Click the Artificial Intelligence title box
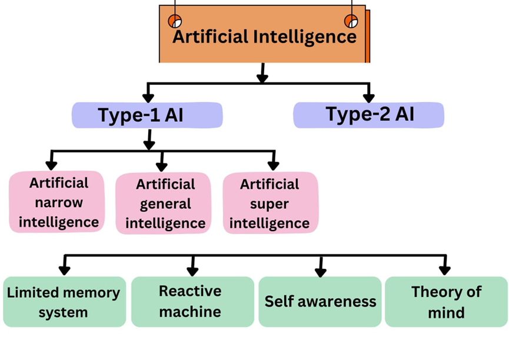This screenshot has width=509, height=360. click(x=263, y=35)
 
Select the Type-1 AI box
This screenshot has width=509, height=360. click(x=147, y=115)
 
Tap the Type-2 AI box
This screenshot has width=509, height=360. click(x=368, y=115)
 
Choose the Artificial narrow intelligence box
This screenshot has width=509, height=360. click(x=57, y=202)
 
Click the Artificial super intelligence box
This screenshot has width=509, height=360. click(x=270, y=204)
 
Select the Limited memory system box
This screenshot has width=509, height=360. click(x=64, y=302)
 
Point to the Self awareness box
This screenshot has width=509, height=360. click(x=320, y=302)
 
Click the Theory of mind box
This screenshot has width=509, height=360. click(x=445, y=302)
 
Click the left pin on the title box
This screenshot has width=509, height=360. click(x=175, y=22)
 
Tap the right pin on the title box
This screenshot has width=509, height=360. click(x=351, y=22)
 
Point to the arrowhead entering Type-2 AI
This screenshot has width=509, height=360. click(x=369, y=97)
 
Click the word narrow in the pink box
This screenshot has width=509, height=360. click(x=59, y=202)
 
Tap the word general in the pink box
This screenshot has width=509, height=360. click(x=165, y=204)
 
